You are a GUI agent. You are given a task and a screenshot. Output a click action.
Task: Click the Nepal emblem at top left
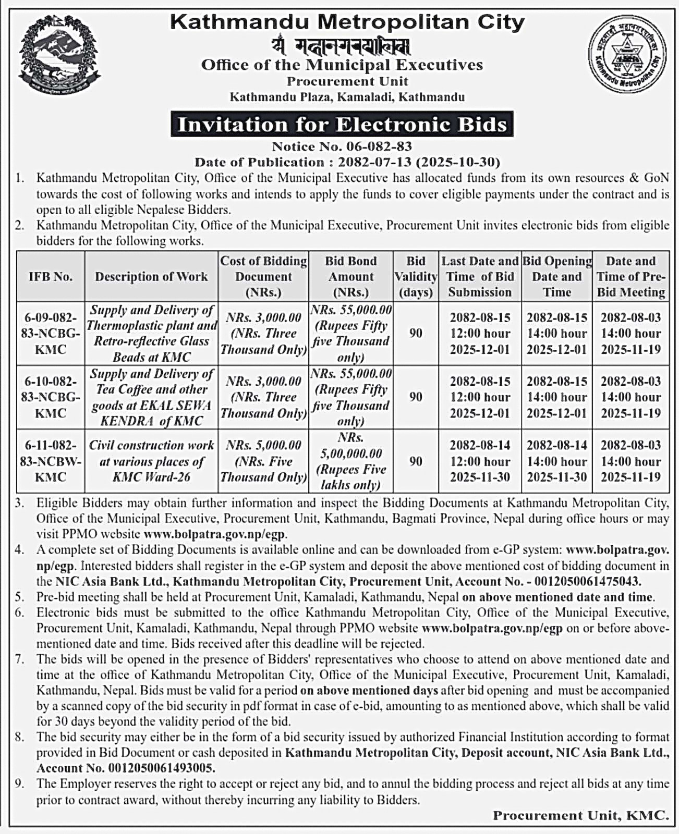pyautogui.click(x=58, y=55)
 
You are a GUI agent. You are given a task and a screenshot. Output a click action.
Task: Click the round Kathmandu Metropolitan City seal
pyautogui.click(x=627, y=54)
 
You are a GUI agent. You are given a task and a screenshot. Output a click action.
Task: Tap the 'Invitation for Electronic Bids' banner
pyautogui.click(x=342, y=125)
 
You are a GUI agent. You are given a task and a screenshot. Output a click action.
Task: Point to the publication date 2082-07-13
pyautogui.click(x=374, y=162)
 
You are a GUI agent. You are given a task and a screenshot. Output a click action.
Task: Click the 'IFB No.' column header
pyautogui.click(x=51, y=277)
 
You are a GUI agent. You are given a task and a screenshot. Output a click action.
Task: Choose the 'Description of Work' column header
pyautogui.click(x=151, y=277)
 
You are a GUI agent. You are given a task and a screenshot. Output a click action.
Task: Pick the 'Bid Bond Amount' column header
pyautogui.click(x=350, y=277)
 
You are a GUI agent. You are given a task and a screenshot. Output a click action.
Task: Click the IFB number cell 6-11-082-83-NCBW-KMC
pyautogui.click(x=51, y=461)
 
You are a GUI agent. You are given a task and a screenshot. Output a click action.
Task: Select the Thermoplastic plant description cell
pyautogui.click(x=151, y=334)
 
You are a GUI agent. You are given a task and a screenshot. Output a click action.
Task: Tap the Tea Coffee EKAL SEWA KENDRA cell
pyautogui.click(x=151, y=397)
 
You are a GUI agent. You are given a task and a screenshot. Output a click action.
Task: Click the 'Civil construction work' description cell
pyautogui.click(x=151, y=461)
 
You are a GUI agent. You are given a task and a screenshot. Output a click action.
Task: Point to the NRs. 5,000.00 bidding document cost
pyautogui.click(x=263, y=446)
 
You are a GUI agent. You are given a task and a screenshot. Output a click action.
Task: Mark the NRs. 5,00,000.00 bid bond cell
pyautogui.click(x=350, y=461)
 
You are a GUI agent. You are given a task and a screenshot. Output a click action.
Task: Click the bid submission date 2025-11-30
pyautogui.click(x=480, y=477)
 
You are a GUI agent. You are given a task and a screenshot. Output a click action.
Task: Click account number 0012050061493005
pyautogui.click(x=162, y=768)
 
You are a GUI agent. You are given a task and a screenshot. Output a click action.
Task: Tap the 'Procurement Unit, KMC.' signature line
pyautogui.click(x=580, y=816)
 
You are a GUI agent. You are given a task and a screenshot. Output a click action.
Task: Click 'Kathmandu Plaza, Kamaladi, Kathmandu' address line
pyautogui.click(x=347, y=97)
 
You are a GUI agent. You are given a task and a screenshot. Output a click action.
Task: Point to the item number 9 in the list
pyautogui.click(x=20, y=784)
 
